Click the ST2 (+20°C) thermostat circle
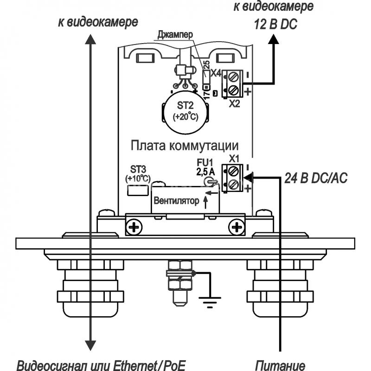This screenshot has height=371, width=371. point(185,111)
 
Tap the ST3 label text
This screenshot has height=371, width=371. point(138,169)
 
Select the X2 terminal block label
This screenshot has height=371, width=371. point(234,103)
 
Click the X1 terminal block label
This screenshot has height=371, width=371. point(234,159)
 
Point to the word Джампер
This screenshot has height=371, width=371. point(175,34)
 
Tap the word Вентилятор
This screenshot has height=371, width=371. point(177,201)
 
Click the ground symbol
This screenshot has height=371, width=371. point(210,302)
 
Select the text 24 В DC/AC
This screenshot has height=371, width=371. point(316,178)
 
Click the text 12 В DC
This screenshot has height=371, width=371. point(275,25)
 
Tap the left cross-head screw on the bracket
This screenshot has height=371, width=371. point(134,228)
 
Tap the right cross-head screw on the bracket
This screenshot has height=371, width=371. point(237,228)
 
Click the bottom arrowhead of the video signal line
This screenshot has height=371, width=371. point(90,345)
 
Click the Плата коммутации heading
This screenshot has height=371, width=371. point(185,146)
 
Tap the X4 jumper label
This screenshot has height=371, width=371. point(216,73)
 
